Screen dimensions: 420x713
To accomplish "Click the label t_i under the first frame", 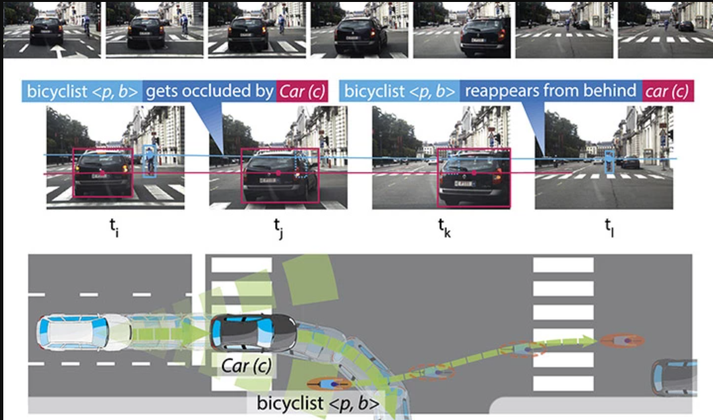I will coord(114,228).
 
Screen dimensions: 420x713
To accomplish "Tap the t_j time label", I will coord(277,228).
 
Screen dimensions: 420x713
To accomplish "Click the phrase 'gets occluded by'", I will coord(207,92).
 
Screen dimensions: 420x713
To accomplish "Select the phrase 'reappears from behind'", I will coord(550,92).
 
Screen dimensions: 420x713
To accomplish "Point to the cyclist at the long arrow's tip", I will coord(621,341).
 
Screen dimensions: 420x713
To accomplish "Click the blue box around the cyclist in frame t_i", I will coord(150,162).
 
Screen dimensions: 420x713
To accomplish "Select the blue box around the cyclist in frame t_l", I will coord(610,164).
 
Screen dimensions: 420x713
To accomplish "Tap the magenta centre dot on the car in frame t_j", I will coord(279,173).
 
